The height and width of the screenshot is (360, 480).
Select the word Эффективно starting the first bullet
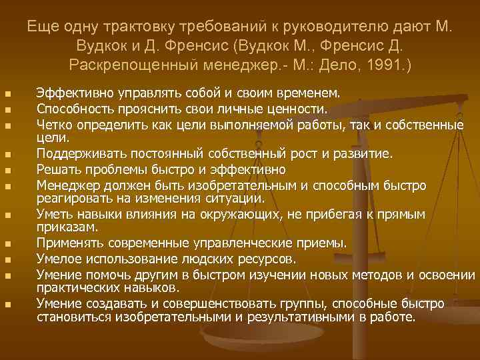(x=71, y=91)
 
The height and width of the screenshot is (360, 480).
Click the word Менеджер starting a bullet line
(x=66, y=184)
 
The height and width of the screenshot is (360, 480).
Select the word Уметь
(x=55, y=215)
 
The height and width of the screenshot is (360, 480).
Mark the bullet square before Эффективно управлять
(x=7, y=93)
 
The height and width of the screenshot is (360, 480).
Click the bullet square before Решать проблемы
(x=7, y=170)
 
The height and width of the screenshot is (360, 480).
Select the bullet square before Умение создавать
(x=7, y=305)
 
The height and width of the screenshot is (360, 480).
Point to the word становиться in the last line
(x=75, y=317)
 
